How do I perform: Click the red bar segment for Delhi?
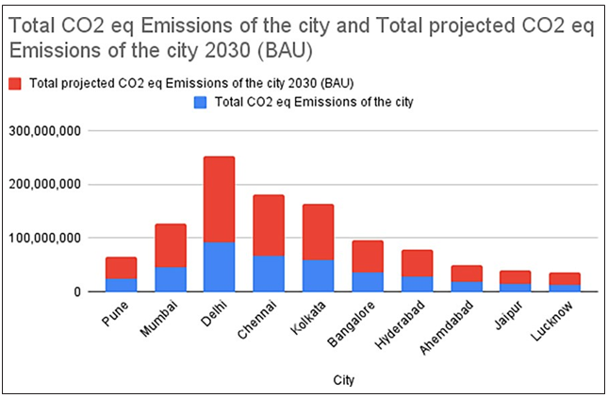(219, 199)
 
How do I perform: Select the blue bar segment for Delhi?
(219, 267)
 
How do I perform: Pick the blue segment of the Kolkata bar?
(318, 275)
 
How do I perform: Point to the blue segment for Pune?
(121, 285)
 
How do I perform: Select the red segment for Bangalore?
(367, 257)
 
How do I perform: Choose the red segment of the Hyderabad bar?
(416, 263)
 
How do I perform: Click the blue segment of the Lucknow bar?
(564, 288)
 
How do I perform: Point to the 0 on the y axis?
(80, 292)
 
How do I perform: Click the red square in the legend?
(15, 84)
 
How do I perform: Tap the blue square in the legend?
(199, 102)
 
